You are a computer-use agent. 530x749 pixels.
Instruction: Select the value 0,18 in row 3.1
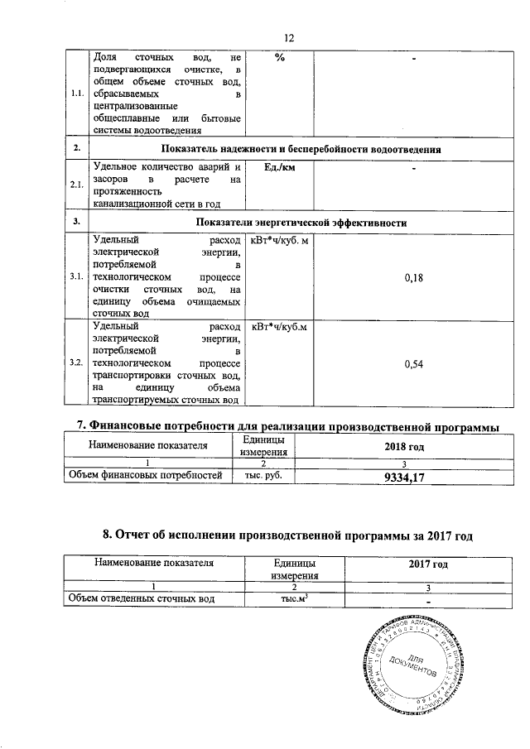(414, 279)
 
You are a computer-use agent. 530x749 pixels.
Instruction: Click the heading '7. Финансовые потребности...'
(288, 426)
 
